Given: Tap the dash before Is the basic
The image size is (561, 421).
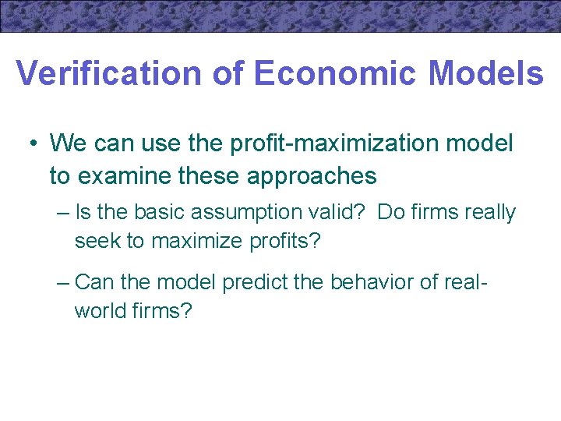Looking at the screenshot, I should click(x=63, y=213).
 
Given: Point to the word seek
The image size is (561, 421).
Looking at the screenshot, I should click(x=97, y=241).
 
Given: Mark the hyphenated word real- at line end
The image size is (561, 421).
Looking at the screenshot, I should click(x=464, y=281).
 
